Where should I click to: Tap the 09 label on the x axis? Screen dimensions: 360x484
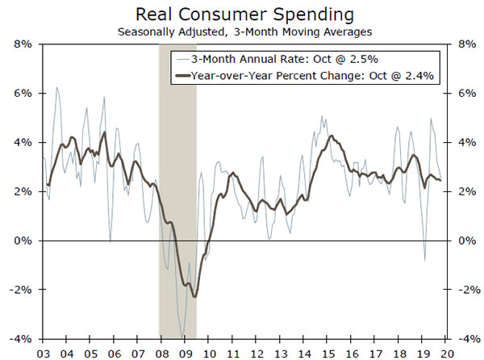(184, 352)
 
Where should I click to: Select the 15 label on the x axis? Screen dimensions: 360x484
(326, 352)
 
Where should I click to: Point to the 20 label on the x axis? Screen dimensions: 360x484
(444, 352)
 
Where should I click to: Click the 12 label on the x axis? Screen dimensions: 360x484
(255, 352)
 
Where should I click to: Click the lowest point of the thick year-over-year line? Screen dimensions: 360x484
(194, 297)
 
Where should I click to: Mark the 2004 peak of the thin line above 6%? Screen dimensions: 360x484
(56, 87)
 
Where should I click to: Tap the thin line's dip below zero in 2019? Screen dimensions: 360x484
(425, 260)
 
